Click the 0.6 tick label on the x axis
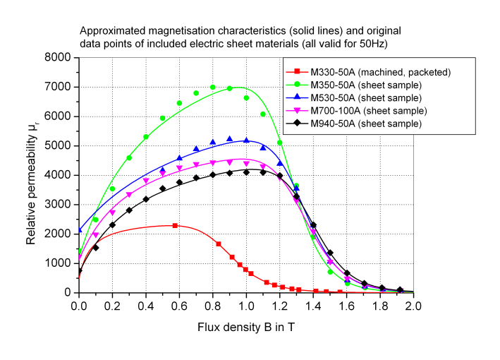[x=179, y=306]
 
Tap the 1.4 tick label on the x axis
[x=312, y=306]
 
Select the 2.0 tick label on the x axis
[x=413, y=306]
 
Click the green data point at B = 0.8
[x=212, y=88]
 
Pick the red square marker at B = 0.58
[x=175, y=225]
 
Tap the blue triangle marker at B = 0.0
[x=79, y=230]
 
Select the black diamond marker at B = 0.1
[x=96, y=248]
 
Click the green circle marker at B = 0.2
[x=112, y=188]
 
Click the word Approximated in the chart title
[x=109, y=32]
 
